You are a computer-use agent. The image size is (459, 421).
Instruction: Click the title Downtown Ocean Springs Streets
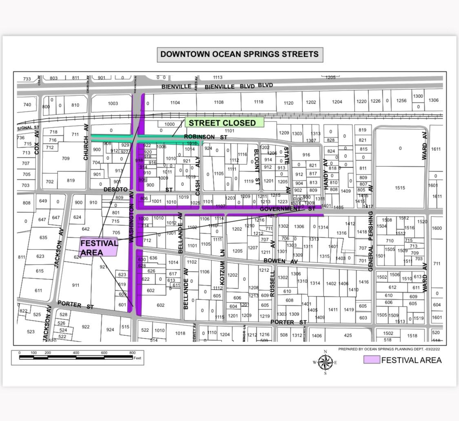(239, 54)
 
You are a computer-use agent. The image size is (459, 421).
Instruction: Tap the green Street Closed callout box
(222, 123)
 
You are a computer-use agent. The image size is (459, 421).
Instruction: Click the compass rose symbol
(325, 362)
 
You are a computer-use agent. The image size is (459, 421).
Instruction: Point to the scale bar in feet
(77, 357)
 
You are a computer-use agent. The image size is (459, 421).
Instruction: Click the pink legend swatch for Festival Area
(371, 360)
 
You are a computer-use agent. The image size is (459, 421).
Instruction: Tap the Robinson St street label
(205, 137)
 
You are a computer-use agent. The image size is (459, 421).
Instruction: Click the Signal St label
(28, 128)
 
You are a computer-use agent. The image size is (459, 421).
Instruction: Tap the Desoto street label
(115, 190)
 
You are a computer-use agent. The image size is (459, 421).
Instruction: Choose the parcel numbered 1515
(400, 188)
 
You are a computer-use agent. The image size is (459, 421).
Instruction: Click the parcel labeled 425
(348, 335)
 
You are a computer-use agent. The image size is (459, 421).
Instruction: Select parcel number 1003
(113, 104)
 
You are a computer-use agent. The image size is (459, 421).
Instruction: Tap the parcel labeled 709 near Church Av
(65, 159)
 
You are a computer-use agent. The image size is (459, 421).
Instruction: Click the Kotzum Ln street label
(222, 267)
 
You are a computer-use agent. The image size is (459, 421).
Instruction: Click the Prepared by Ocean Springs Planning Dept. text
(390, 349)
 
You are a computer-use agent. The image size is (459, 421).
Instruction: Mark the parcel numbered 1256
(401, 101)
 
